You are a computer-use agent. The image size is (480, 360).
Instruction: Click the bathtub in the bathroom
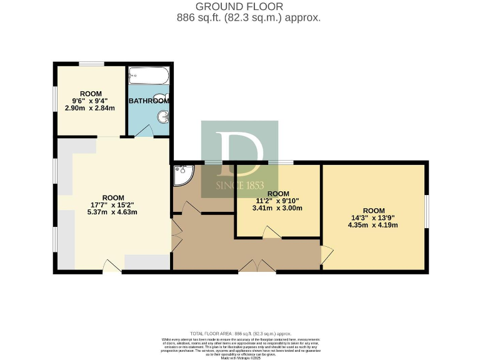(x=148, y=77)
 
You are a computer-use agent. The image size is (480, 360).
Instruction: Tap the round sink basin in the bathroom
(x=163, y=116)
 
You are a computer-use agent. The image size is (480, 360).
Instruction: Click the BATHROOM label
(x=149, y=101)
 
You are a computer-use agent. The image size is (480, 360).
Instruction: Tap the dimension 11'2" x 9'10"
(x=277, y=201)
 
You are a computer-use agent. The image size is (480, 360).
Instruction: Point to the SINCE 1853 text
(x=240, y=186)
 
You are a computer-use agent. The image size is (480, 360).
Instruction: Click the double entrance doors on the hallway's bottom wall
(x=257, y=266)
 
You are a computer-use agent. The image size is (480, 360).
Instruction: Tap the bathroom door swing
(x=143, y=130)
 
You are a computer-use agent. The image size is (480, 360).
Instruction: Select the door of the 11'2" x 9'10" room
(x=271, y=232)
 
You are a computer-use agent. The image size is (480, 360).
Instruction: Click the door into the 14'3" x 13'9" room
(x=327, y=254)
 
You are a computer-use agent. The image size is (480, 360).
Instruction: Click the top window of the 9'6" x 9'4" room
(x=91, y=64)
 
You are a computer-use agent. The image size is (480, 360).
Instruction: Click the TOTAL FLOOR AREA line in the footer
(x=240, y=334)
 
